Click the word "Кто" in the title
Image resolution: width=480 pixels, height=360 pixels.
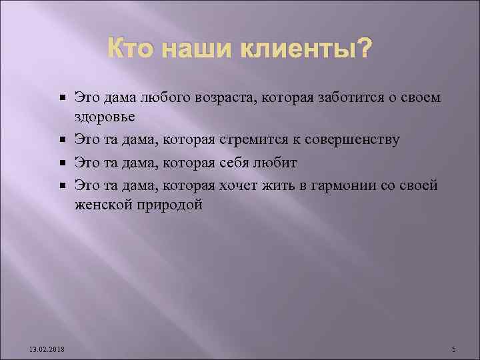coord(127,49)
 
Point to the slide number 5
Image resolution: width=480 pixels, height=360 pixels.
coord(453,349)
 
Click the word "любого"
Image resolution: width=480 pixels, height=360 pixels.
coord(163,98)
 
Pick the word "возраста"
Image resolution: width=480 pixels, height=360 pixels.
coord(219,98)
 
